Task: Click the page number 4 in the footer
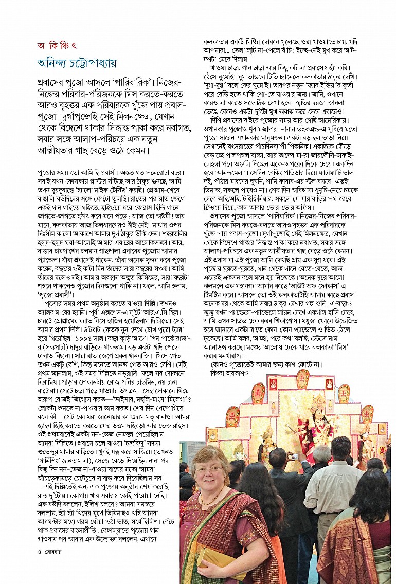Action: (40, 552)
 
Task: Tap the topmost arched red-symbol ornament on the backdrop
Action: (303, 378)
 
